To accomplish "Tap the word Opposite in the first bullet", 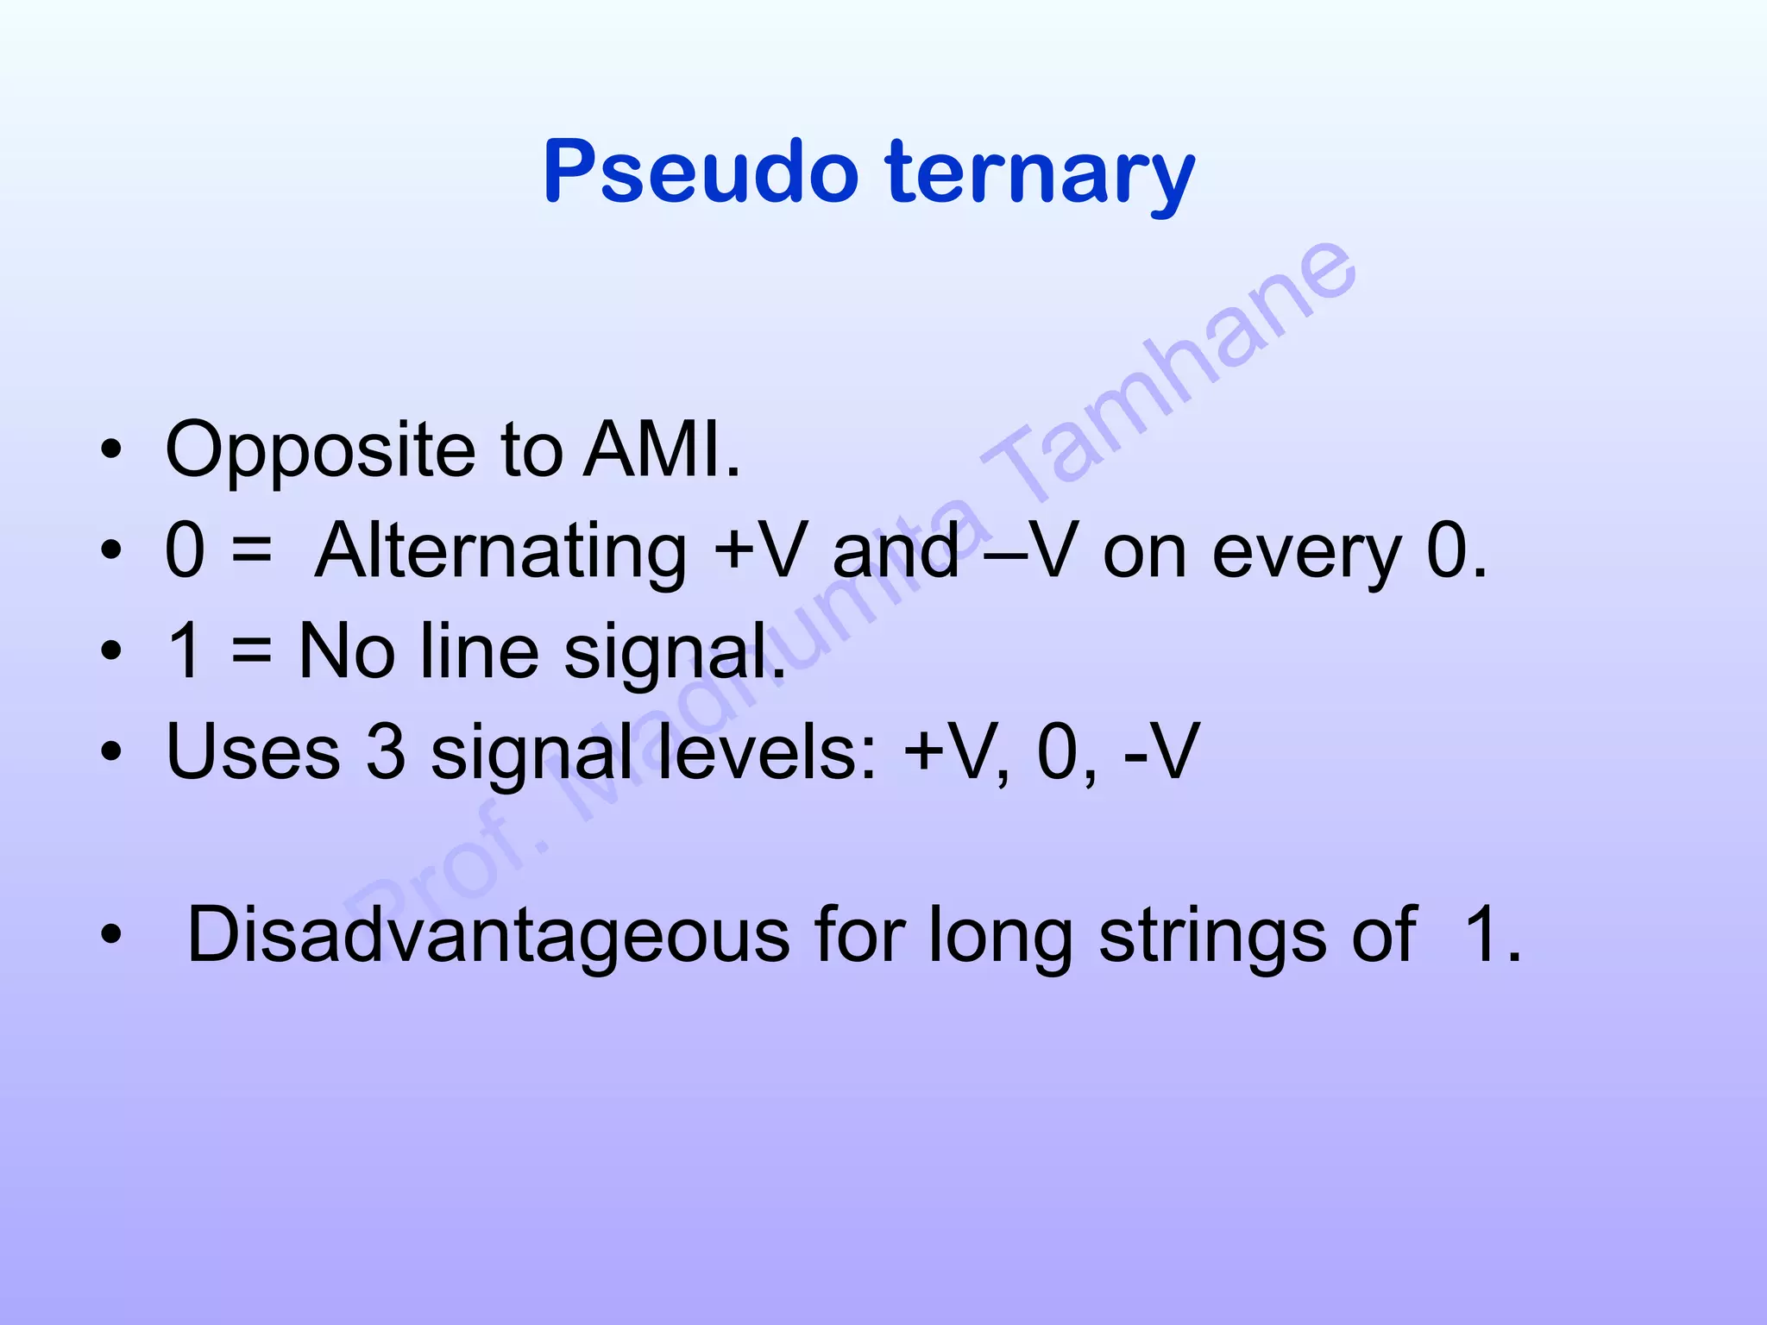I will (x=320, y=450).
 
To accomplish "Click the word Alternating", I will (x=500, y=552).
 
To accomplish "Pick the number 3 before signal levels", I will (x=386, y=751).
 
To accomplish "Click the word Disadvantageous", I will (x=488, y=935).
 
